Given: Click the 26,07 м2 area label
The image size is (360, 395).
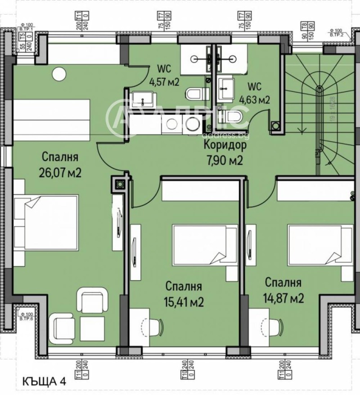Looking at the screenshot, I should pyautogui.click(x=62, y=172).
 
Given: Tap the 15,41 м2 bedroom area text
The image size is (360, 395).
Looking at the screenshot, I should pyautogui.click(x=184, y=302).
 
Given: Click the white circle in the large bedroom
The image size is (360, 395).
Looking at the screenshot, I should pyautogui.click(x=58, y=73).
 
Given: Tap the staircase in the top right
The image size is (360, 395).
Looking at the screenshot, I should pyautogui.click(x=320, y=112).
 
